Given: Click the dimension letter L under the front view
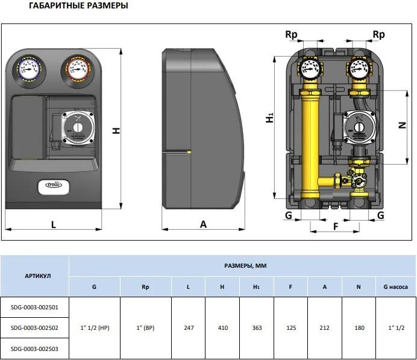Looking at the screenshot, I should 54,224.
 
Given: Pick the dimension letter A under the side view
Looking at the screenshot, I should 203,224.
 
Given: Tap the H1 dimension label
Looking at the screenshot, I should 270,119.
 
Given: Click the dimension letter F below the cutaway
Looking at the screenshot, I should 336,227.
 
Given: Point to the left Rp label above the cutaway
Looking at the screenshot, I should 291,35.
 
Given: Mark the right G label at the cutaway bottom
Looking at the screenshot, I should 380,215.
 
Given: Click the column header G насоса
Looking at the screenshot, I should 395,287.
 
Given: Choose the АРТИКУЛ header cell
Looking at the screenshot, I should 34,276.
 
